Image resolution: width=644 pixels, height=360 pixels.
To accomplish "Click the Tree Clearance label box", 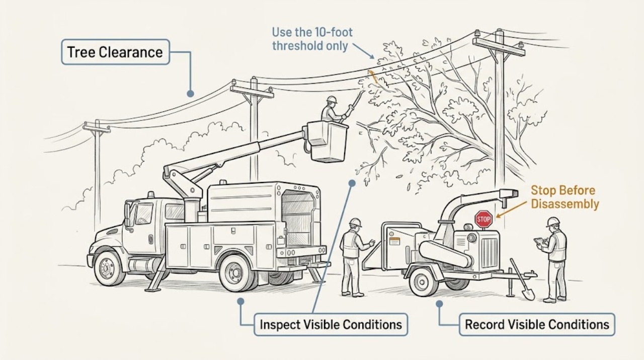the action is click(x=115, y=52).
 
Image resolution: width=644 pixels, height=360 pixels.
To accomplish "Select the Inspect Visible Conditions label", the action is click(x=331, y=325).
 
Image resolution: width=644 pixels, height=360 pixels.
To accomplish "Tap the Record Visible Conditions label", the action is click(x=537, y=325).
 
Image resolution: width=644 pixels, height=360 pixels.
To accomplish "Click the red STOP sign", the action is click(x=484, y=220).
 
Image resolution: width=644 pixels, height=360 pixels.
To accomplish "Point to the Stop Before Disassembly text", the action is click(x=565, y=197).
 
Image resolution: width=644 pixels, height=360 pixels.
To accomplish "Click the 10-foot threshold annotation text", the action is click(x=312, y=39).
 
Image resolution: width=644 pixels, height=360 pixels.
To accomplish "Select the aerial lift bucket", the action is click(x=328, y=141).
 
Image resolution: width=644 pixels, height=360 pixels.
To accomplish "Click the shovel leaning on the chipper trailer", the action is click(x=522, y=279).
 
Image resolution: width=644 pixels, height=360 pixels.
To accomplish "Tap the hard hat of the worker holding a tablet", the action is click(x=553, y=222).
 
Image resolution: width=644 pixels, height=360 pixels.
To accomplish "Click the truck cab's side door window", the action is click(x=144, y=213).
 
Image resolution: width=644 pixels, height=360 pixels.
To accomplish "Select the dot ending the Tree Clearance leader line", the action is click(x=190, y=93).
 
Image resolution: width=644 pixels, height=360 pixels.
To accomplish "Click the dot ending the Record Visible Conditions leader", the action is click(x=439, y=304).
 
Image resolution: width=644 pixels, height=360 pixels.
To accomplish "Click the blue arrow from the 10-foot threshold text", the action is click(x=363, y=51).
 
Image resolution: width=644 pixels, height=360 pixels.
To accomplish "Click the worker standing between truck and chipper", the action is click(x=353, y=258).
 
